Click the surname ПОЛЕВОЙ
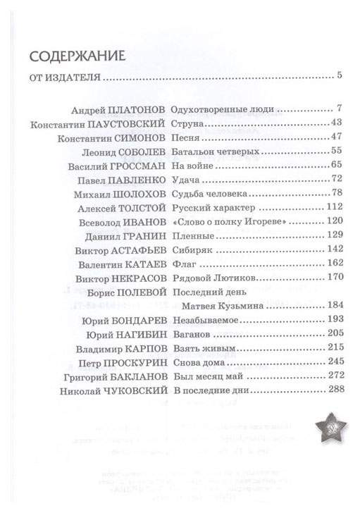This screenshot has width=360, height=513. coord(141,289)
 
